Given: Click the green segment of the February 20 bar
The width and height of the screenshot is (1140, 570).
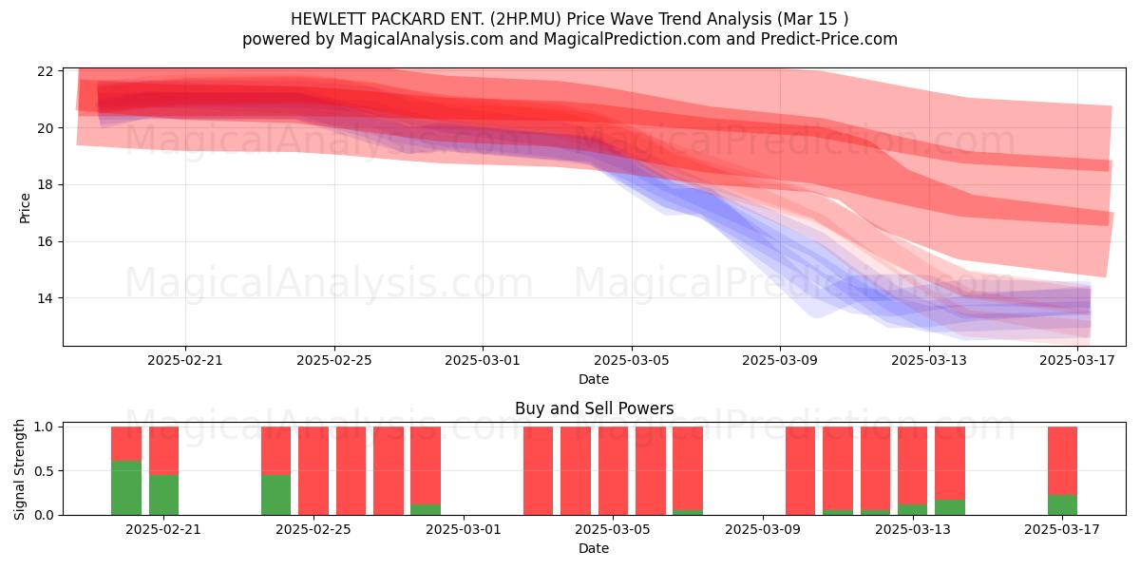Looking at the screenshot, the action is point(126,487).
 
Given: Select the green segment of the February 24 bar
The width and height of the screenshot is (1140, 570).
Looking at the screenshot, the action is point(275,495).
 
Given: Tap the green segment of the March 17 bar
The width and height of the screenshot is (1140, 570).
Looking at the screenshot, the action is point(1062,504).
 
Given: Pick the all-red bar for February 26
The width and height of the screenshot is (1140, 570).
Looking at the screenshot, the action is point(351,471).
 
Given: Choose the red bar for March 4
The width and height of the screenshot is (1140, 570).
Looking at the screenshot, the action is point(614,471).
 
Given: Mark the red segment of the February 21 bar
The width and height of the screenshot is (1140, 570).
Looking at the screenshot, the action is point(163,450).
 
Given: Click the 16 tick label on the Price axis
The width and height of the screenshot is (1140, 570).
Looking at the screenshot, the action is point(45,241).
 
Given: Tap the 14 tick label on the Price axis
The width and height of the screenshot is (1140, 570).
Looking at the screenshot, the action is point(45,298).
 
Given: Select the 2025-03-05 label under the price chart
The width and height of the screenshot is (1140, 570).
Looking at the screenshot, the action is point(632,360).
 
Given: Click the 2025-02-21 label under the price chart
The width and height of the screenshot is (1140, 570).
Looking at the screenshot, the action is point(185,360).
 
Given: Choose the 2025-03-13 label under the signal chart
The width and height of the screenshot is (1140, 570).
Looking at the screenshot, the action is point(913,529).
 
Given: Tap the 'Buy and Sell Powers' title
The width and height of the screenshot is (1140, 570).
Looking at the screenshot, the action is point(595,408).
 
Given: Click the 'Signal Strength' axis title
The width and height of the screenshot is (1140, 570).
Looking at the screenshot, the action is point(19,469).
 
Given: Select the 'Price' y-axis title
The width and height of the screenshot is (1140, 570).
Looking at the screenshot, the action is point(25,208).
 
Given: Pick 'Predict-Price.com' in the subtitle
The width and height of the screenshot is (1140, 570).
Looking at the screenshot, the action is point(829,39).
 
